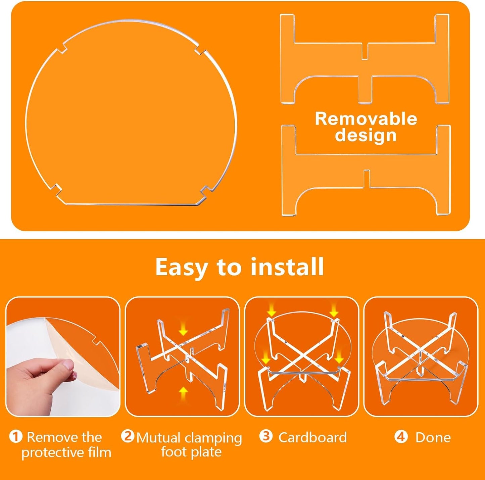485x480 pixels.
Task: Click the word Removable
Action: [366, 119]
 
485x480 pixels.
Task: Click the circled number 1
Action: [16, 437]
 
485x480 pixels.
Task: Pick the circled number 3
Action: [266, 436]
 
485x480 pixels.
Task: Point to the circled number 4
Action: [401, 437]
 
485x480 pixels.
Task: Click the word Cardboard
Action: [312, 437]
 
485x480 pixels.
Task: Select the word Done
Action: [433, 437]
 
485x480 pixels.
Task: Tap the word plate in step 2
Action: [206, 452]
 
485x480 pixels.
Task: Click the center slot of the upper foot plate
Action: [365, 51]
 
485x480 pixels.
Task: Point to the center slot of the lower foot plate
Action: [367, 179]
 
